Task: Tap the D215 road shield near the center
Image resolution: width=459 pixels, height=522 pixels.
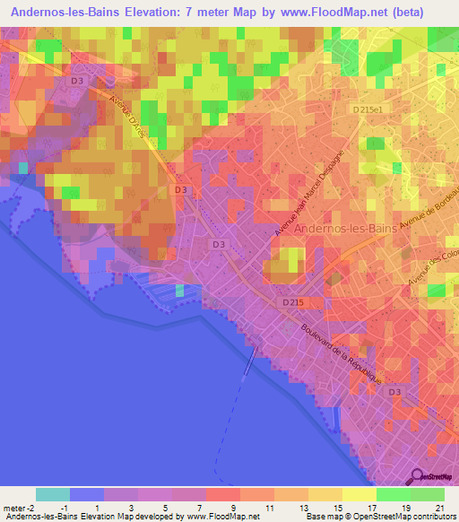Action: coord(292,303)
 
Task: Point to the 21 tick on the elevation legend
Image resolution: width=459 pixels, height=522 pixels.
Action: coord(439,508)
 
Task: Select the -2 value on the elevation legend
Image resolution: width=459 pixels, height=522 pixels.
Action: coord(32,508)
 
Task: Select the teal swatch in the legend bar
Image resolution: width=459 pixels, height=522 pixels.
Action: coord(53,494)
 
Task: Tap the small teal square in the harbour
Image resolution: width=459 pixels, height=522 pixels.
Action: coord(180,290)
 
